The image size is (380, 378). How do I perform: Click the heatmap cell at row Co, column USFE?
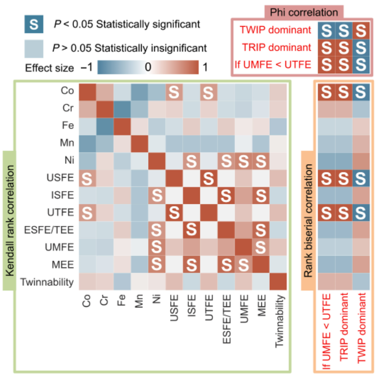(x=174, y=92)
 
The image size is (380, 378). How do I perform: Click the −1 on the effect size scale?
(x=87, y=67)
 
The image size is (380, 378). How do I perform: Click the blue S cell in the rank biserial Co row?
(x=362, y=92)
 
